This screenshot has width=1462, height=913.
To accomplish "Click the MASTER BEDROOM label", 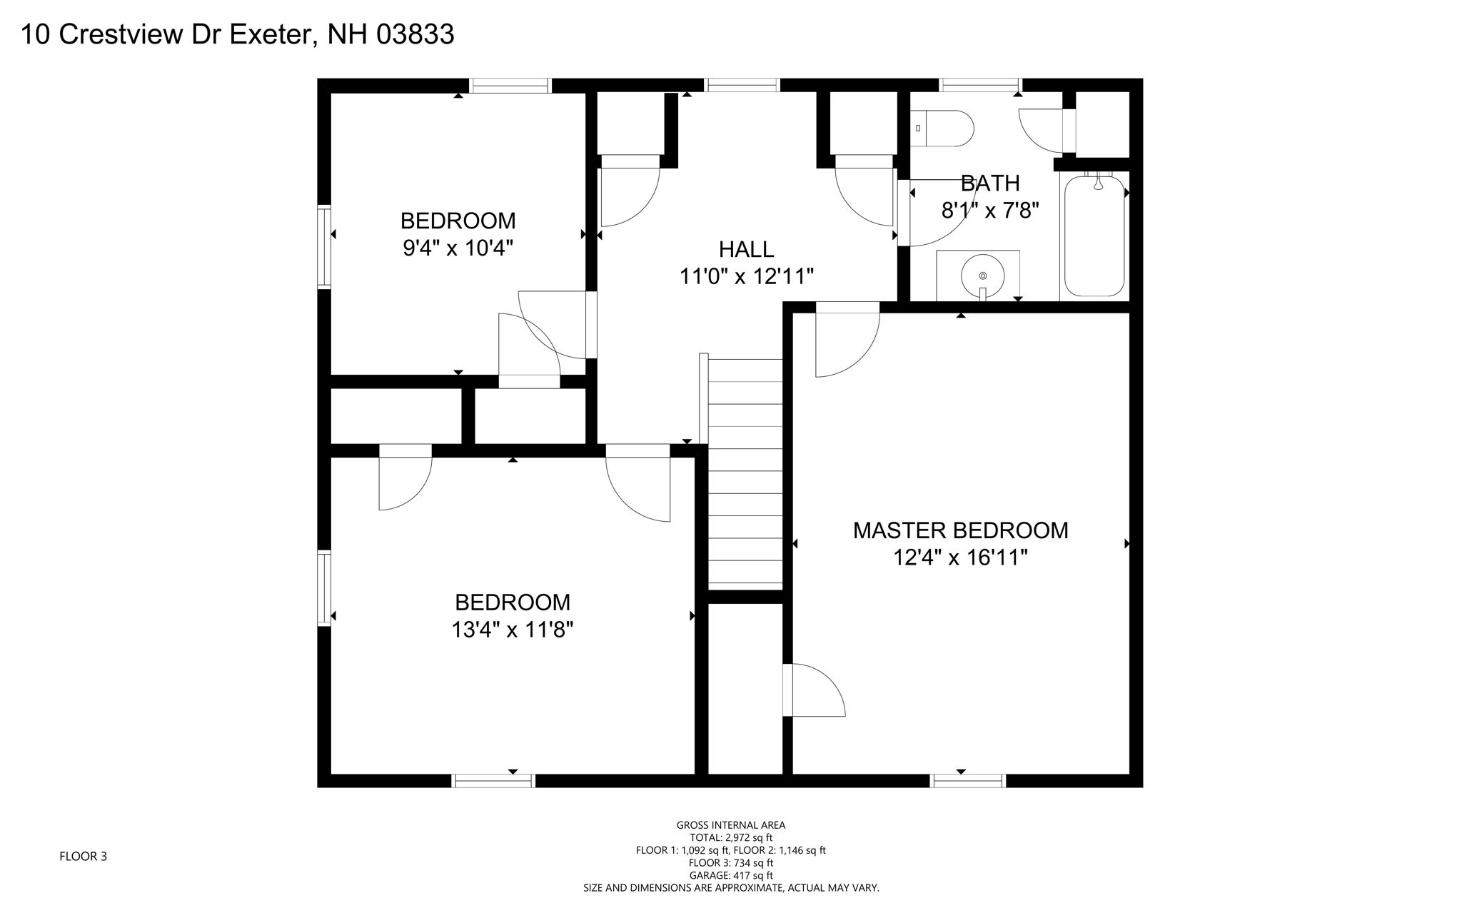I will [960, 530].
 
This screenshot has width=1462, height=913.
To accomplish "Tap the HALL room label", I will [746, 249].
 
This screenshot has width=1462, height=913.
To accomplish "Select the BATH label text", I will [989, 183].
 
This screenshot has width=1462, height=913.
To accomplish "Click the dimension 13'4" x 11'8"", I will [512, 630].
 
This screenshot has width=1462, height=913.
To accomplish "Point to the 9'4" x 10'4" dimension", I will [458, 248].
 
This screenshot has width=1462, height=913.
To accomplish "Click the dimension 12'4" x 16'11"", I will [960, 558].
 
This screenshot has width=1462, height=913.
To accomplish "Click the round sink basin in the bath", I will [982, 274].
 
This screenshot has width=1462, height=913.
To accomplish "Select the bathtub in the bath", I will [1094, 236].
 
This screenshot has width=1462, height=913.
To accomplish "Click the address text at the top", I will [238, 34].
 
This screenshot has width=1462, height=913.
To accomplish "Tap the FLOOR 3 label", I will [83, 856].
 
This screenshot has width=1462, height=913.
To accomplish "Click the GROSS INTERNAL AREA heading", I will [730, 825].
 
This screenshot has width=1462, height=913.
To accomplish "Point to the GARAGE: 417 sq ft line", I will [730, 875].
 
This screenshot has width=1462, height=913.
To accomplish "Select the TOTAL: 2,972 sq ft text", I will [730, 837].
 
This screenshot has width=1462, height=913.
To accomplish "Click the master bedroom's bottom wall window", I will [968, 780].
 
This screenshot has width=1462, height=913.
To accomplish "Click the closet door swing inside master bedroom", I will [814, 690].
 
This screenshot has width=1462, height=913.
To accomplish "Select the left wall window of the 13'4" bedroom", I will [324, 588].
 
